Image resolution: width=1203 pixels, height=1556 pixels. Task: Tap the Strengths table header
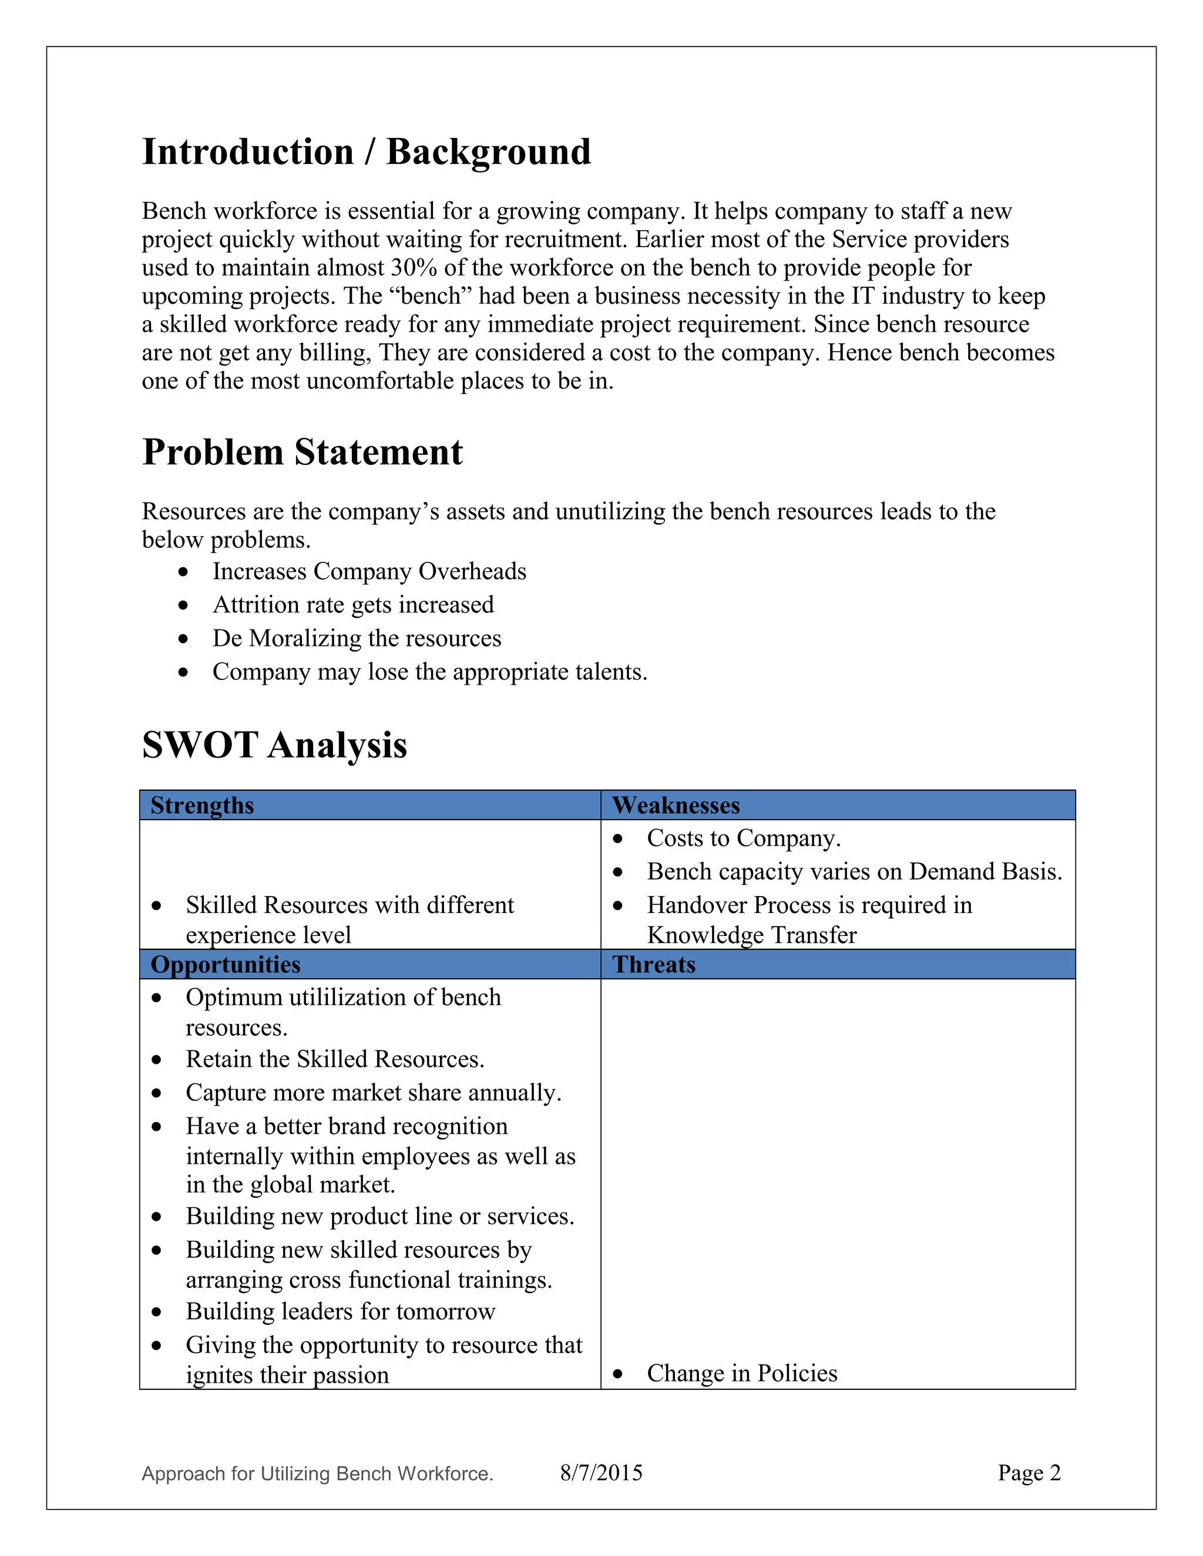(x=203, y=805)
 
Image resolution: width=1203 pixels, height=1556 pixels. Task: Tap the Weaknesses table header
(x=676, y=805)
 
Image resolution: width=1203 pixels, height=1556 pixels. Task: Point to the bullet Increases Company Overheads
(x=369, y=571)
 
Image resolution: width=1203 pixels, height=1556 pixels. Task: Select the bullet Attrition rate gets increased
(x=353, y=605)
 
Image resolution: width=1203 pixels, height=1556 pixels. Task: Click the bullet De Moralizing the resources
(x=357, y=638)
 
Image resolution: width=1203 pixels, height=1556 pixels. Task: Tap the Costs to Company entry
(x=743, y=838)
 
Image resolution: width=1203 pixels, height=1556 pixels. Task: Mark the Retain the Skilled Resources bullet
(x=335, y=1059)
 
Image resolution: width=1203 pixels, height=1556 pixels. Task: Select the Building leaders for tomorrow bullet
(x=341, y=1312)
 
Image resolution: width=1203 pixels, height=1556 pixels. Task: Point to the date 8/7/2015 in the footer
(x=601, y=1473)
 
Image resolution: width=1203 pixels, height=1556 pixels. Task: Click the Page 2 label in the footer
(x=1029, y=1473)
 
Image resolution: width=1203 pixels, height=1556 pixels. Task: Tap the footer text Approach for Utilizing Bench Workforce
(x=318, y=1473)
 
